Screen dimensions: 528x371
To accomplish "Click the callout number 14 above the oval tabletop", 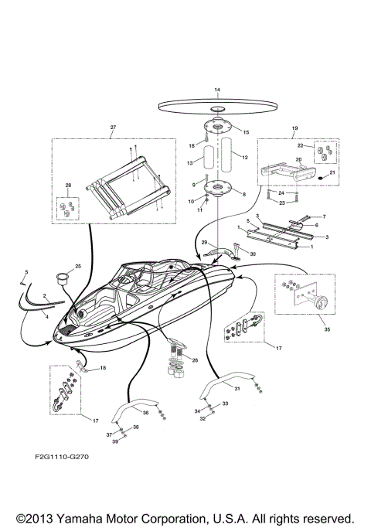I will pyautogui.click(x=216, y=90).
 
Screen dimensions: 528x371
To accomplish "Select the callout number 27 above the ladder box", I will pyautogui.click(x=113, y=127).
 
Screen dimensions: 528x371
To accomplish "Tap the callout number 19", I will pyautogui.click(x=294, y=127).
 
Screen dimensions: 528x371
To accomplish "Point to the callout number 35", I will pyautogui.click(x=306, y=329).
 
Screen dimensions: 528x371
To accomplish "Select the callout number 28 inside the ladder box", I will pyautogui.click(x=68, y=186).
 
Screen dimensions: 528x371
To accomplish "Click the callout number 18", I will pyautogui.click(x=103, y=369).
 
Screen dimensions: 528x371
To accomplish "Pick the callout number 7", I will pyautogui.click(x=323, y=217).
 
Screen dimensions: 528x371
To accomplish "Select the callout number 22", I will pyautogui.click(x=301, y=146).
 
